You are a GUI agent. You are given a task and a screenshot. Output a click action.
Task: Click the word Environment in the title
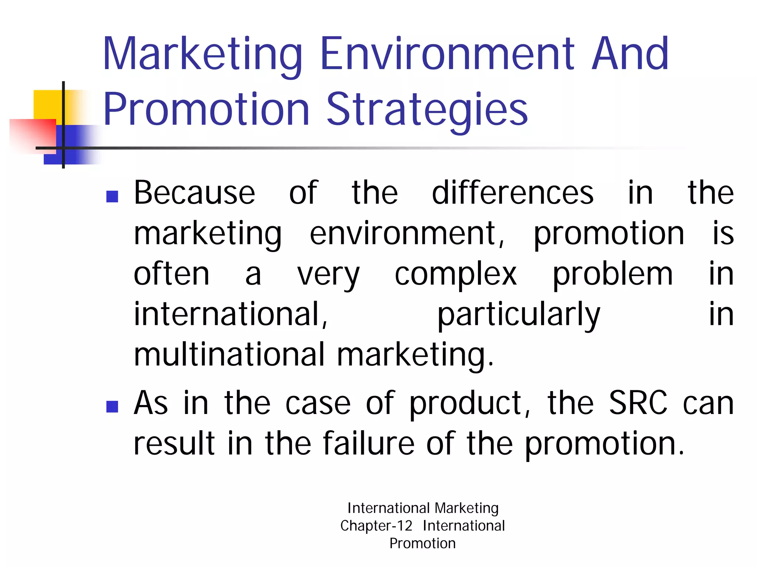click(448, 54)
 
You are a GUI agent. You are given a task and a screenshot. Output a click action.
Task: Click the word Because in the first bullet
click(194, 193)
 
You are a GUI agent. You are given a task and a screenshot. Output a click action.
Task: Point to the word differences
click(513, 193)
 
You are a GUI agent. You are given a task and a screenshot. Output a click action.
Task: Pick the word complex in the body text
click(455, 275)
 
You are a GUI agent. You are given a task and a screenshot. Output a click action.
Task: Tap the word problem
click(612, 275)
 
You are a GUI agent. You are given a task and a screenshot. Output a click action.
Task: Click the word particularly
click(519, 315)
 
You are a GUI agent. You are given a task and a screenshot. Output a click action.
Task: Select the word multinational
click(229, 355)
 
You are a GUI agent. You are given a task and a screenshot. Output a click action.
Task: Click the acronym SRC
click(638, 403)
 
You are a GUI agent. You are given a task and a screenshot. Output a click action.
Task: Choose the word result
click(174, 444)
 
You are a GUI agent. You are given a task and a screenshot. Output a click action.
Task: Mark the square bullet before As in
click(112, 407)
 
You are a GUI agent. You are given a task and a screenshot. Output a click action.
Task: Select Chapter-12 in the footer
click(376, 526)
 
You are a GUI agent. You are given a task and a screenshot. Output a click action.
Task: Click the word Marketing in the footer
click(467, 509)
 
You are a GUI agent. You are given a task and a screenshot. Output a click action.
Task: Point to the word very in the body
click(328, 275)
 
